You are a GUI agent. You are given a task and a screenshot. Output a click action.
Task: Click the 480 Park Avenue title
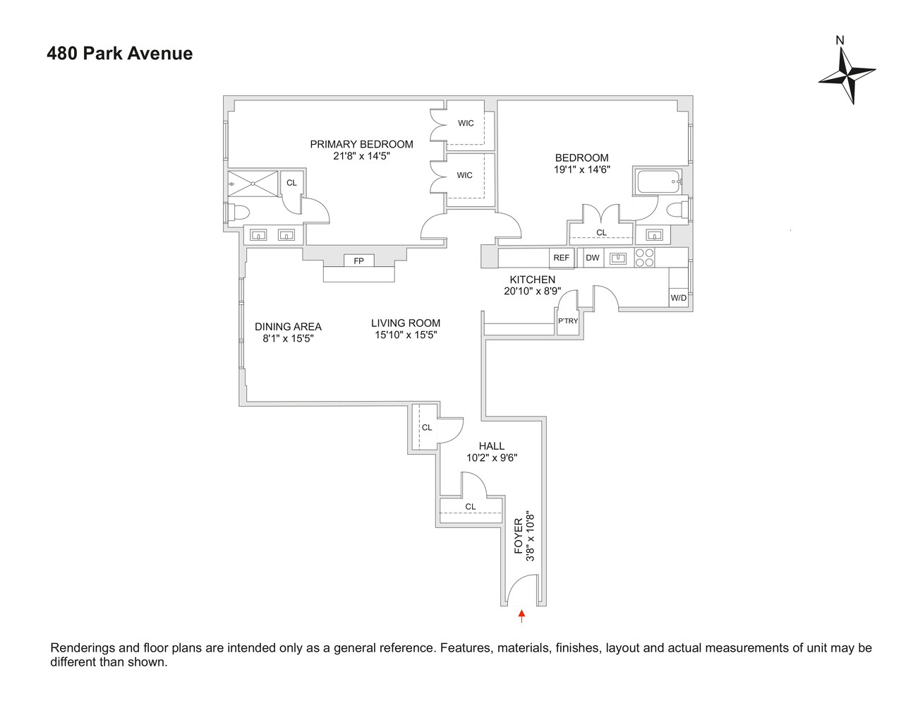coord(119,54)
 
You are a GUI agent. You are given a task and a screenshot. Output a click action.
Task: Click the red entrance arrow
coord(521,616)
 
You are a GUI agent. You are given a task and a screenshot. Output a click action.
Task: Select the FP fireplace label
coord(358,261)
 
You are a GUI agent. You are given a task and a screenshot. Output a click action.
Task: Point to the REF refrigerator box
coord(561,258)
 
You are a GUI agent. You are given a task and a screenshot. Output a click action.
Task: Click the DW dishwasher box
coord(593,258)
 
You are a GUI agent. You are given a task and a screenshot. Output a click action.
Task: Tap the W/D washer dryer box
coord(678,298)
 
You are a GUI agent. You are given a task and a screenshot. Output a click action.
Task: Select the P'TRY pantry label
coord(568,321)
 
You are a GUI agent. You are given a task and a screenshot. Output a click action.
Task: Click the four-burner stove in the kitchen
coord(644,258)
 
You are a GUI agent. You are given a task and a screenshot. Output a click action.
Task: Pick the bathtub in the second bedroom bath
coord(658,181)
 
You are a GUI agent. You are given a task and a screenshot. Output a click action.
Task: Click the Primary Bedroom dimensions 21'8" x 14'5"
coord(361,156)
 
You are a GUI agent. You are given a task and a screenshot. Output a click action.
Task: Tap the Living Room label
coord(406,323)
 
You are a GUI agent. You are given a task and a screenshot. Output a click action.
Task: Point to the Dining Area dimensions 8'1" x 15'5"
coord(288,338)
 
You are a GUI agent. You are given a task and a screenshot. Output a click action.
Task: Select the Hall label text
coord(492,446)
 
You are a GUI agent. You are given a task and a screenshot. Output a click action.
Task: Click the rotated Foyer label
coord(519,536)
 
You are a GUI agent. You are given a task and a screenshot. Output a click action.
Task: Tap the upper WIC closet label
coord(466,124)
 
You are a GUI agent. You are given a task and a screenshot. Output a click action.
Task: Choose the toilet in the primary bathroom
coord(239,213)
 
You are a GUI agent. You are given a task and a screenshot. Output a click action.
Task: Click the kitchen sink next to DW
coord(618,258)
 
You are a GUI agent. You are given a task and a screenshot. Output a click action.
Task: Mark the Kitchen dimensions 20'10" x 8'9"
coord(533,291)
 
